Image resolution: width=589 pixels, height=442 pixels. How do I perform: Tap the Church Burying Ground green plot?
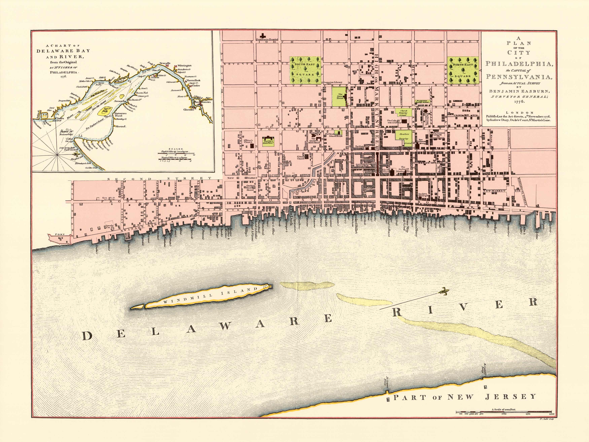coord(403,113)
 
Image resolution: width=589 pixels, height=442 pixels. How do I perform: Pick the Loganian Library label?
coord(333,82)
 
